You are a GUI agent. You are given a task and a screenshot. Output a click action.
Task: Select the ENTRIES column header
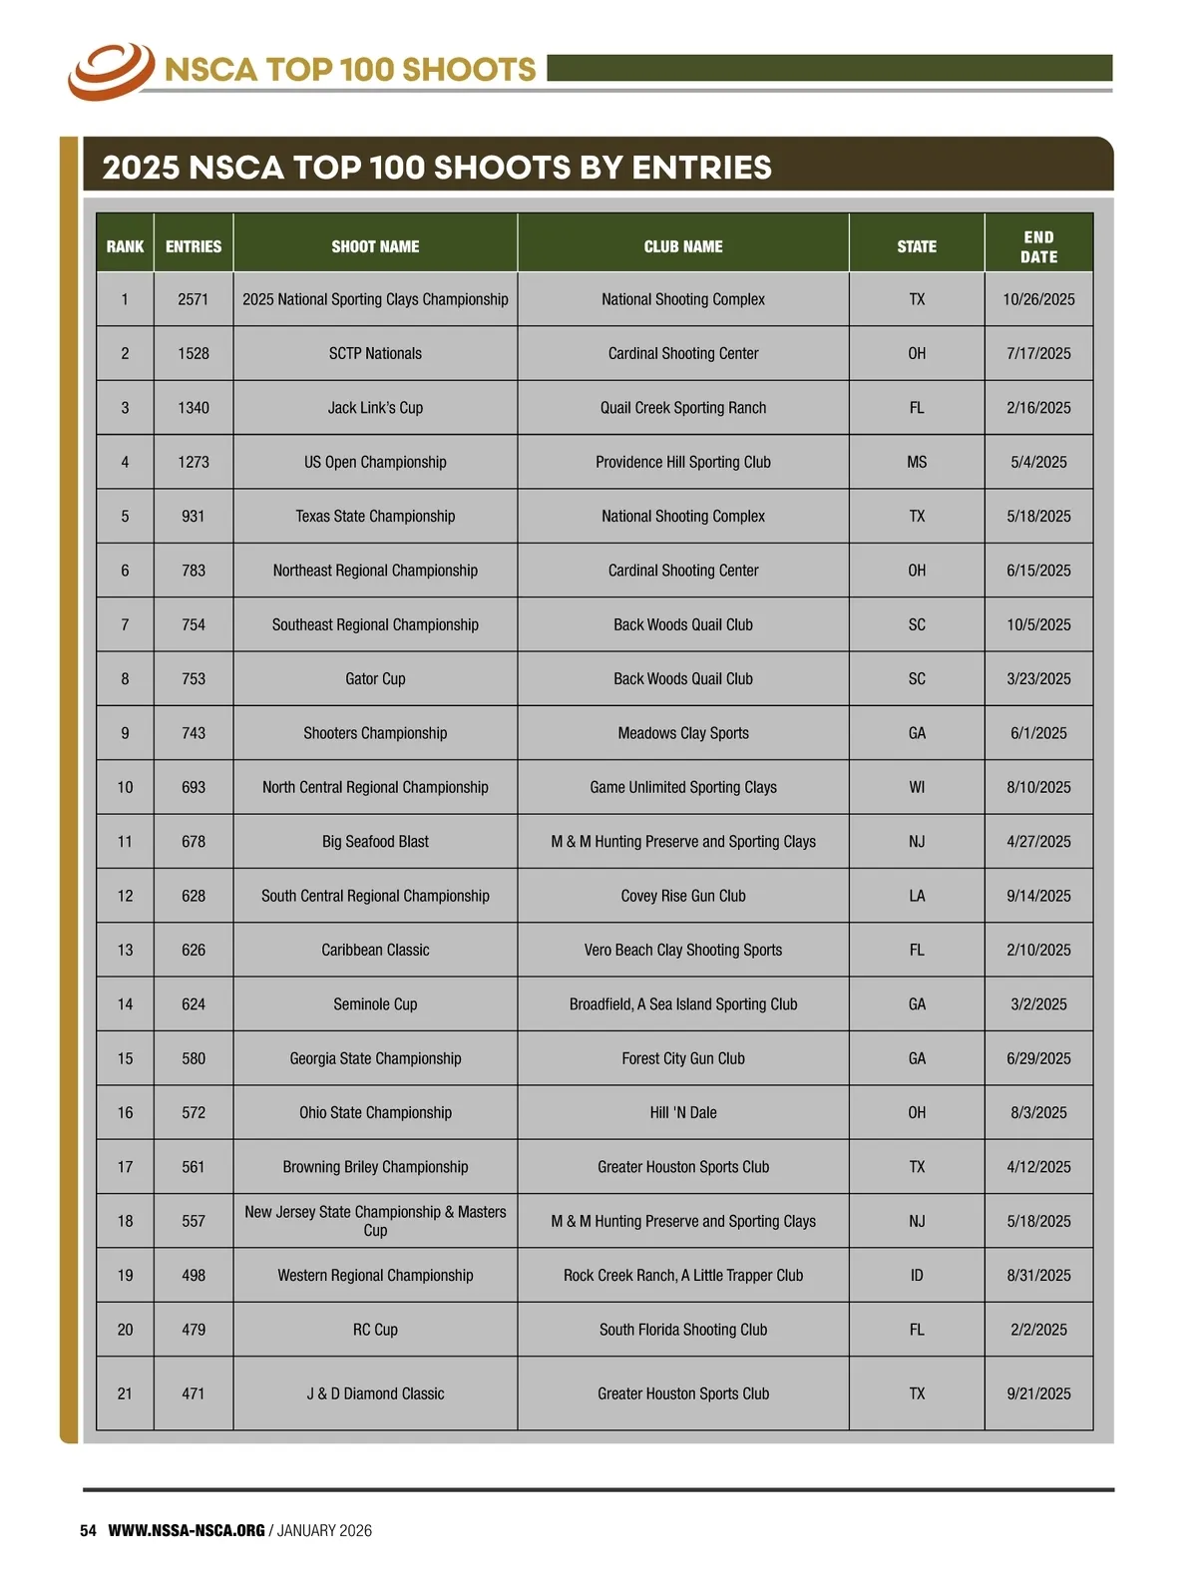click(194, 246)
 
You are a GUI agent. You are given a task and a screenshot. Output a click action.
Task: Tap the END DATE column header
click(1038, 246)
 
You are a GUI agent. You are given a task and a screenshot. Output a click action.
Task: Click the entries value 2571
click(194, 299)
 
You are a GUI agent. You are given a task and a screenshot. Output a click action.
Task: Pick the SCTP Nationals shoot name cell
click(375, 353)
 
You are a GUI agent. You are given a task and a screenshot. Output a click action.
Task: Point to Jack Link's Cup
click(375, 408)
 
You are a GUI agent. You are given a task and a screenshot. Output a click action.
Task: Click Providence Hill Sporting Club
click(683, 462)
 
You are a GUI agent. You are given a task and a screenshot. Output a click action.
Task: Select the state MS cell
click(917, 462)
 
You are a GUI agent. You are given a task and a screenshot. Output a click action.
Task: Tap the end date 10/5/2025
click(1038, 624)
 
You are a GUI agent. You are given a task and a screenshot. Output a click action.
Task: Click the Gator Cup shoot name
click(375, 679)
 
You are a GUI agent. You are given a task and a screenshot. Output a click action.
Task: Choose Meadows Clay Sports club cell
click(683, 733)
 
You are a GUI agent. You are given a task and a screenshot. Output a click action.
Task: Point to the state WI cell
click(917, 787)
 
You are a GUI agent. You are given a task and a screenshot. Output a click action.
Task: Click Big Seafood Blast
click(375, 842)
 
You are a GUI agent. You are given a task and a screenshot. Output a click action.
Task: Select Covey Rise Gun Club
click(683, 896)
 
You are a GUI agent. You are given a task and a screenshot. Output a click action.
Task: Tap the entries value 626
click(194, 950)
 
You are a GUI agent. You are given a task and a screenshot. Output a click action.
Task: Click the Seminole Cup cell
click(375, 1004)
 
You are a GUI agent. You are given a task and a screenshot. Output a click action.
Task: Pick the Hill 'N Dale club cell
click(683, 1112)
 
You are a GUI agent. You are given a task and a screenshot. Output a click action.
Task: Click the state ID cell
click(917, 1275)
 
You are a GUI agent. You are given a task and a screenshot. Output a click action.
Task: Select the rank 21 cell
click(125, 1393)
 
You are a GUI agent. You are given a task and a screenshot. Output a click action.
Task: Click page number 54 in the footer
click(88, 1531)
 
